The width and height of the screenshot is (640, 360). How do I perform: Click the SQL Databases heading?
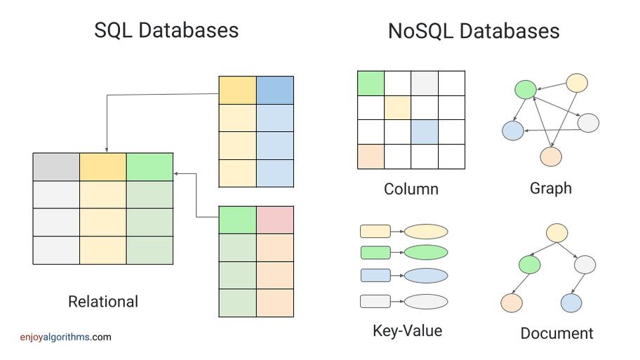pyautogui.click(x=166, y=30)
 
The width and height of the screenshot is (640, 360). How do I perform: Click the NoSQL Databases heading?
pyautogui.click(x=474, y=31)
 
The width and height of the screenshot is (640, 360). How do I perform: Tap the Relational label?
pyautogui.click(x=103, y=302)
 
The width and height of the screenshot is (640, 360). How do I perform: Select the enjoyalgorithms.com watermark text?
pyautogui.click(x=65, y=337)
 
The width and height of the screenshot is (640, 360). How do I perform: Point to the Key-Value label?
pyautogui.click(x=407, y=331)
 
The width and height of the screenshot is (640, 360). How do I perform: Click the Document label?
pyautogui.click(x=556, y=333)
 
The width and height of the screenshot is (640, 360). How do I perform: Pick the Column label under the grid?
pyautogui.click(x=411, y=189)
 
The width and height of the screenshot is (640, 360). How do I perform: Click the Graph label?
pyautogui.click(x=551, y=188)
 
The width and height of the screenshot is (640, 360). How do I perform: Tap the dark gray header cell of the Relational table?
pyautogui.click(x=56, y=166)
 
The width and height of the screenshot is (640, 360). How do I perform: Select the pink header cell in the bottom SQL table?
pyautogui.click(x=275, y=220)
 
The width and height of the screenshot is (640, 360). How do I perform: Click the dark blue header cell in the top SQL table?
pyautogui.click(x=275, y=91)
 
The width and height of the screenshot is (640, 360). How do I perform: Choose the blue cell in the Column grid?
pyautogui.click(x=425, y=132)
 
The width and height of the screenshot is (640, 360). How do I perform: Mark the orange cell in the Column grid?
pyautogui.click(x=371, y=156)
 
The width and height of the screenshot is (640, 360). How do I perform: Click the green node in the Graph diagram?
pyautogui.click(x=525, y=89)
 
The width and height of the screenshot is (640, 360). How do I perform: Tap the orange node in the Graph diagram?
pyautogui.click(x=551, y=156)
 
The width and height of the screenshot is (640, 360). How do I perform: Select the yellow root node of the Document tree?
pyautogui.click(x=556, y=233)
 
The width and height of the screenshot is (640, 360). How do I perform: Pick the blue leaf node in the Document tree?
pyautogui.click(x=571, y=303)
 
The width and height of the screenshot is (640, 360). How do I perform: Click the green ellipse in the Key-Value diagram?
pyautogui.click(x=426, y=253)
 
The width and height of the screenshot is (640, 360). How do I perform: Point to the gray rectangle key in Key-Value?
pyautogui.click(x=375, y=302)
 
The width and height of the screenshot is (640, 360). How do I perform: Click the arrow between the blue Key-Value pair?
pyautogui.click(x=397, y=276)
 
